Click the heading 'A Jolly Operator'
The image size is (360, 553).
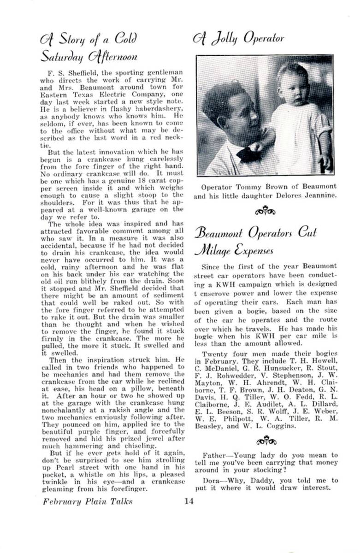pyautogui.click(x=238, y=38)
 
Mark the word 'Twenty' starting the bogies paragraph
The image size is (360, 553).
pyautogui.click(x=213, y=353)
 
